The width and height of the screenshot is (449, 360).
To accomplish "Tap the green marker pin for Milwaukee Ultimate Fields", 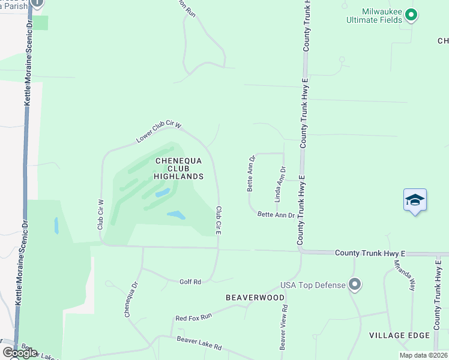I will (x=411, y=14).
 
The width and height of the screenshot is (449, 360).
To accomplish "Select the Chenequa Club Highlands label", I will (x=179, y=169).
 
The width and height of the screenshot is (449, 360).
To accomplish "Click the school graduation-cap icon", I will (x=415, y=200).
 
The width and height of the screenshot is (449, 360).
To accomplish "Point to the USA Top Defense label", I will (x=313, y=284).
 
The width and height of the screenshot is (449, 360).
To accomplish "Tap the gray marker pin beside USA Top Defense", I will (x=355, y=284).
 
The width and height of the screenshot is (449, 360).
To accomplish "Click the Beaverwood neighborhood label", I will (x=246, y=298).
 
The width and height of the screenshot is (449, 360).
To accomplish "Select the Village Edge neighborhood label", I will (x=399, y=335).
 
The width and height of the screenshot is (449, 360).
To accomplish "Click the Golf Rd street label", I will (x=190, y=281).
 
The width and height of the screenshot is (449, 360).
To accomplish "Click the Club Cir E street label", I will (x=219, y=220).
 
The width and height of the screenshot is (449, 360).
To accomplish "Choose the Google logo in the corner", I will (x=20, y=353).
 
